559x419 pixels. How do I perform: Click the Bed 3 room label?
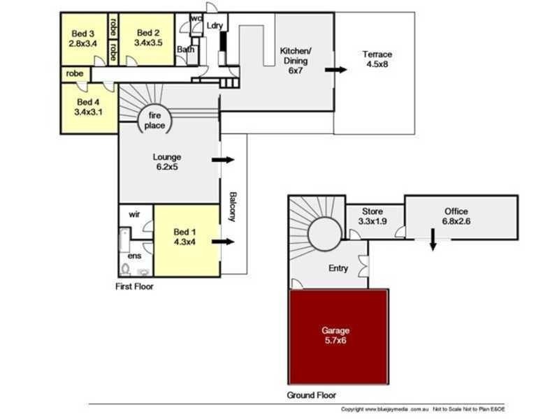coord(82,33)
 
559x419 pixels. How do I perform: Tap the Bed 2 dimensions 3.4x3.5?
coord(147,43)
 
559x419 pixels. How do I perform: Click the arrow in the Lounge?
coord(223,160)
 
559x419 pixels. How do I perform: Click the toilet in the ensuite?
coord(126,269)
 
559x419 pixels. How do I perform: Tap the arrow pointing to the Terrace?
coord(336,70)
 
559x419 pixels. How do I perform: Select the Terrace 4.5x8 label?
coord(377,59)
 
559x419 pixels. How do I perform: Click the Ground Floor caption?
coord(312,395)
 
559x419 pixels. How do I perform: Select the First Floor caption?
coord(133,286)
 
